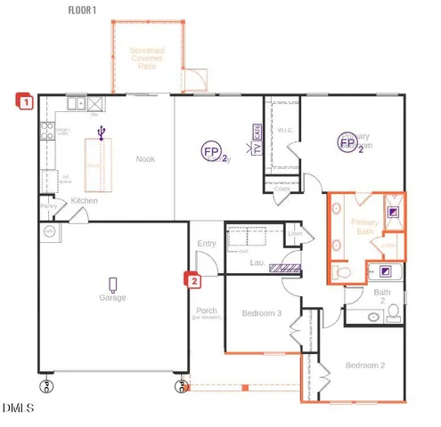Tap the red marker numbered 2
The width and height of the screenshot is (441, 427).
click(191, 280)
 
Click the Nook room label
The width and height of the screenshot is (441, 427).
click(146, 159)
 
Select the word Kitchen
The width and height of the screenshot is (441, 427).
click(85, 201)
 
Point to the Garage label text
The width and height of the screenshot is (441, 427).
click(112, 298)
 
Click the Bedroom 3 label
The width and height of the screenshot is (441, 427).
click(262, 313)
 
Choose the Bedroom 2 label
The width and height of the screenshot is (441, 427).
click(365, 366)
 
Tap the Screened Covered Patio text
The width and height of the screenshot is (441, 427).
click(146, 59)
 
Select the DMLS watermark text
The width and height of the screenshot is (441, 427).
click(18, 409)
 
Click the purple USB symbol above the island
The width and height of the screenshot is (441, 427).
click(102, 133)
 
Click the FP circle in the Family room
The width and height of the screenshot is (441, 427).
click(211, 150)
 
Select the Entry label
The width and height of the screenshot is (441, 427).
click(207, 243)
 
